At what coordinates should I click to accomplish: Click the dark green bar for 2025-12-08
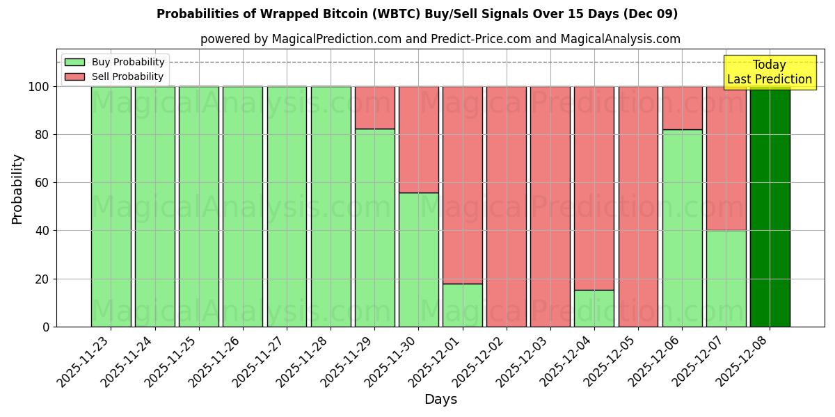(770, 206)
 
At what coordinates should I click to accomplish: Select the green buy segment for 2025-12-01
(463, 305)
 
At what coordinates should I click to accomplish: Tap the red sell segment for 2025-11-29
(374, 108)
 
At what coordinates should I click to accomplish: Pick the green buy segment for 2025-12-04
(594, 309)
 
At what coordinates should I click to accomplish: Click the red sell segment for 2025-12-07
(726, 158)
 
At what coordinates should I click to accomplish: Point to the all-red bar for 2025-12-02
(507, 206)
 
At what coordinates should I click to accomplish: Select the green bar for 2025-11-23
(111, 206)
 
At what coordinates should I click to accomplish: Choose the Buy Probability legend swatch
(74, 62)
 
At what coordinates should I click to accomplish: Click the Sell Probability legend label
(127, 76)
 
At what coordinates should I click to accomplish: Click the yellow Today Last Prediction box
(769, 72)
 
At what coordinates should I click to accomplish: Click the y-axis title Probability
(17, 188)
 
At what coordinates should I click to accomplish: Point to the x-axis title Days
(440, 400)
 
